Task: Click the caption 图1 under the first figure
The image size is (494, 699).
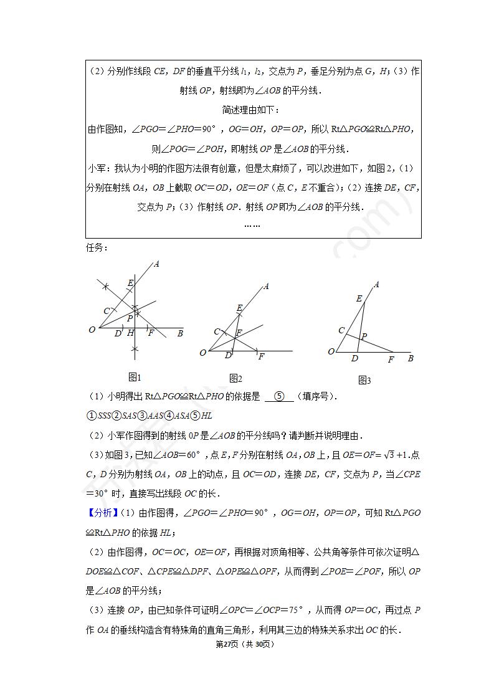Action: pyautogui.click(x=135, y=377)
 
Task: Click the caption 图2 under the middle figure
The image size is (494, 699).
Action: pyautogui.click(x=235, y=378)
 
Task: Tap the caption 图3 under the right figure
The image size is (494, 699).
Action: pyautogui.click(x=364, y=380)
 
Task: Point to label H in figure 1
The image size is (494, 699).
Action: pyautogui.click(x=131, y=333)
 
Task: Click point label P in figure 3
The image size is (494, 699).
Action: pyautogui.click(x=364, y=336)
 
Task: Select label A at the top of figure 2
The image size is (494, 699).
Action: pyautogui.click(x=266, y=286)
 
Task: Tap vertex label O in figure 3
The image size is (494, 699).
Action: pyautogui.click(x=331, y=352)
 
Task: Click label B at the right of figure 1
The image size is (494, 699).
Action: pyautogui.click(x=180, y=333)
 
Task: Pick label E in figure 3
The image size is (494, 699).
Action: pyautogui.click(x=359, y=299)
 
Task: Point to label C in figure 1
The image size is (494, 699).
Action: pyautogui.click(x=107, y=311)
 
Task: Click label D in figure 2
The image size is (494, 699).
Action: pyautogui.click(x=228, y=356)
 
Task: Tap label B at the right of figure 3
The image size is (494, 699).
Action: pyautogui.click(x=411, y=358)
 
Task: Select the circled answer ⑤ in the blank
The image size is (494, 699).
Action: pyautogui.click(x=279, y=396)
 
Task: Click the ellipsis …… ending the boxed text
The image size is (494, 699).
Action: pyautogui.click(x=252, y=225)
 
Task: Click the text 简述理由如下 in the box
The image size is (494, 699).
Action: pyautogui.click(x=252, y=110)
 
